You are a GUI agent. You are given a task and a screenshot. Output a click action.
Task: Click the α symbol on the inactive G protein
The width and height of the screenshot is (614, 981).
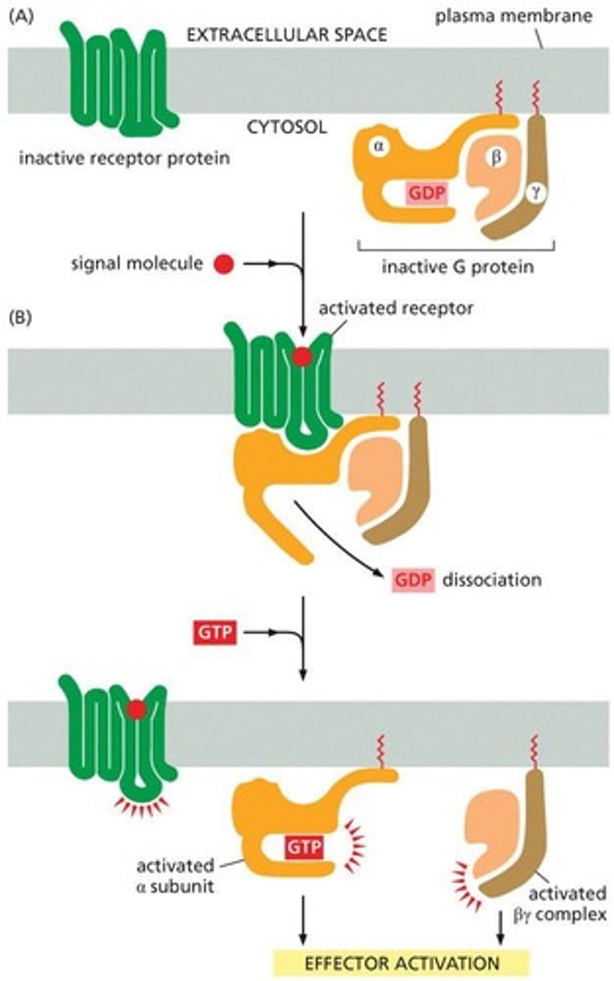click(x=377, y=147)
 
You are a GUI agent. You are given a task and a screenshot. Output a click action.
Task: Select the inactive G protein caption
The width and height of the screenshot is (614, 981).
click(x=456, y=267)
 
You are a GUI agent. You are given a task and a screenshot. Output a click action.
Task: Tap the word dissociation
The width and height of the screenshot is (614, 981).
click(x=492, y=580)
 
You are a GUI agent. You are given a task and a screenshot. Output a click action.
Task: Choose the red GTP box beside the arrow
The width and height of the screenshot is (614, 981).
click(x=214, y=632)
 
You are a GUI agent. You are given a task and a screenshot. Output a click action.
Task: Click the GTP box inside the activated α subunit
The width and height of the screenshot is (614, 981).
click(x=303, y=844)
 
